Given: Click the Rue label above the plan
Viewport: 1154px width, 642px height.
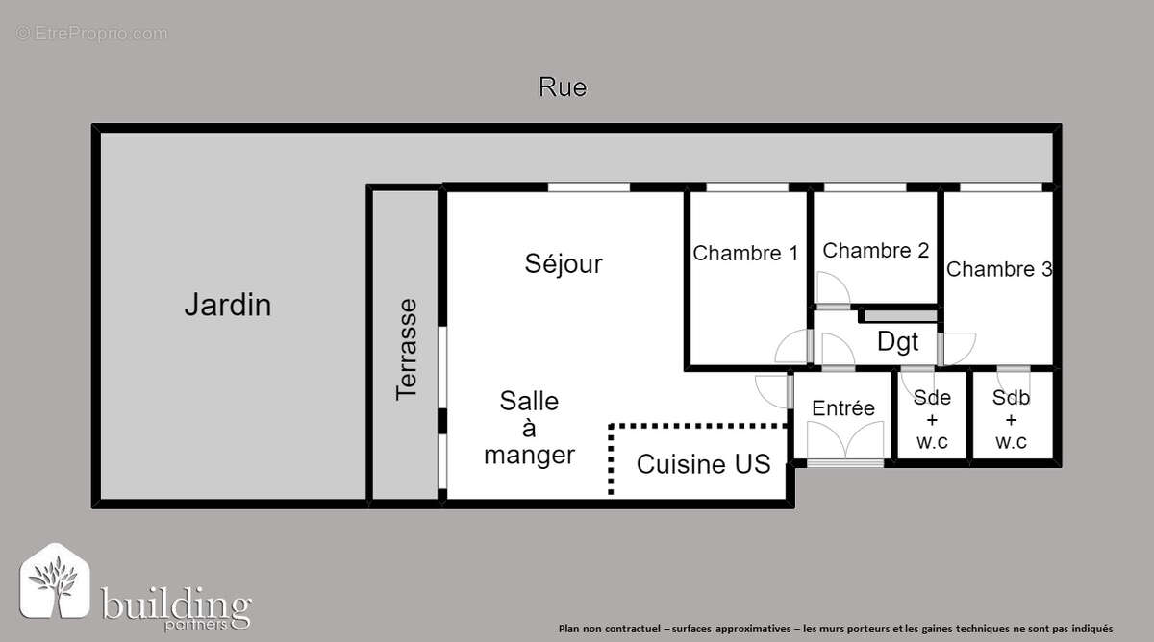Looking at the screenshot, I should coord(563,87).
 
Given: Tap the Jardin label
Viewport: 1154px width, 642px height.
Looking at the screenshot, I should coord(227,306).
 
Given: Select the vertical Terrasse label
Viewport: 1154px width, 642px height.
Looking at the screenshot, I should coord(407,349).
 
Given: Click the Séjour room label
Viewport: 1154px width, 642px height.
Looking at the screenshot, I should coord(564,263).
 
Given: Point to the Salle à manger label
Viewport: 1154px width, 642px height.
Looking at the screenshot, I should coord(529,428).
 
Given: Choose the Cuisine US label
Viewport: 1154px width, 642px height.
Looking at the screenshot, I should coord(703,464).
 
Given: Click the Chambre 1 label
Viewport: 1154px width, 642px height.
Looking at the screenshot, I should coord(745,254).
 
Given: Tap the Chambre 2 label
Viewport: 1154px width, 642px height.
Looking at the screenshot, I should coord(876,251).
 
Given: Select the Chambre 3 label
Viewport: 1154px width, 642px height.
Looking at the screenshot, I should coord(998,269).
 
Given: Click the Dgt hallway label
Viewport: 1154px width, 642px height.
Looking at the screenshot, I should coord(897,341).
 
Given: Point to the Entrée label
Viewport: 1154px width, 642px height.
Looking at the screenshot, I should coord(843,408).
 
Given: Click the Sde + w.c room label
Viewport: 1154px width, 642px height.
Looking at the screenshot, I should coord(932,420).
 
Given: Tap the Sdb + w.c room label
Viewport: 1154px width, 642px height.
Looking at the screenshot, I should coord(1011,420).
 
